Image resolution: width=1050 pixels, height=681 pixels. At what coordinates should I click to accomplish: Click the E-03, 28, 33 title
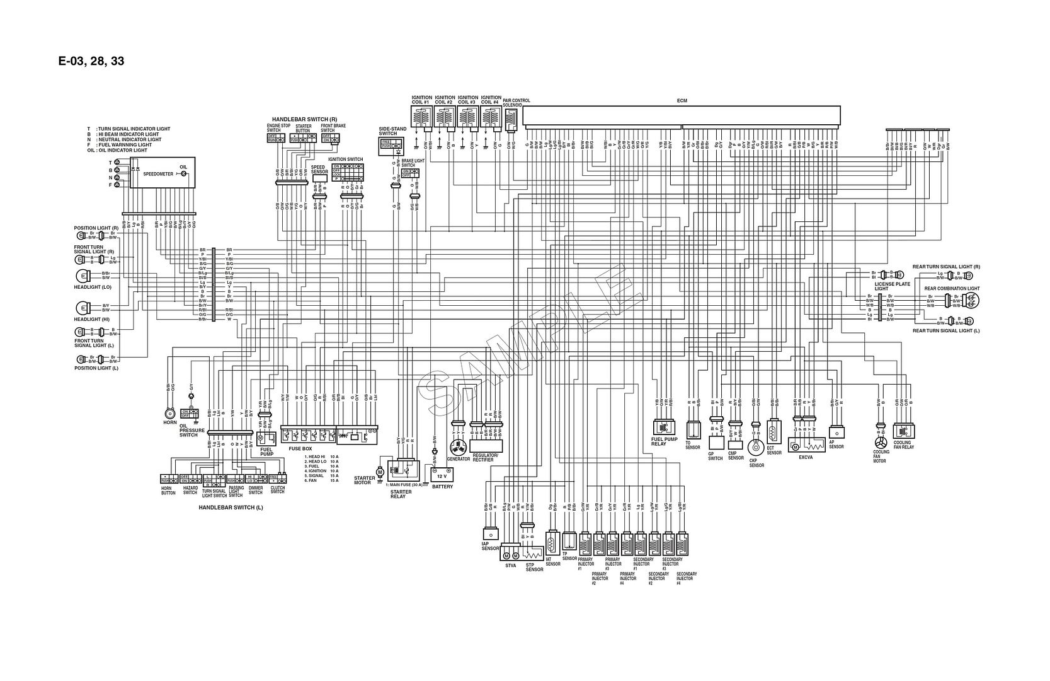[x=91, y=61]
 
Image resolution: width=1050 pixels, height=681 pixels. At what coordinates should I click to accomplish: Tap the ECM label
[x=682, y=100]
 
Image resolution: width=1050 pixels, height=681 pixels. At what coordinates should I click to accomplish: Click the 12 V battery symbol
[x=442, y=473]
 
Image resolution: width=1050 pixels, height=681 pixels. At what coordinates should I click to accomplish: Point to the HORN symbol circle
[x=169, y=414]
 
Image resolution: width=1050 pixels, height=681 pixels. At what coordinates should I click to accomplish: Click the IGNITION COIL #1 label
[x=421, y=100]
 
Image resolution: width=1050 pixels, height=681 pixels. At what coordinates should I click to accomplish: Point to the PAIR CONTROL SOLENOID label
[x=516, y=102]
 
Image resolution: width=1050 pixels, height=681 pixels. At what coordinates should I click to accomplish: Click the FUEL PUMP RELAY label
[x=663, y=442]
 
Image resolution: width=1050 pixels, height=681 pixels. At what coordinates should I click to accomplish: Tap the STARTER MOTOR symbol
[x=380, y=471]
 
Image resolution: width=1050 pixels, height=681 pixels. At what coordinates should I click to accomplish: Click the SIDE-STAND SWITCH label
[x=388, y=131]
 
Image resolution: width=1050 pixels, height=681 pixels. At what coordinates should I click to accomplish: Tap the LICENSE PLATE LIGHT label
[x=892, y=286]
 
